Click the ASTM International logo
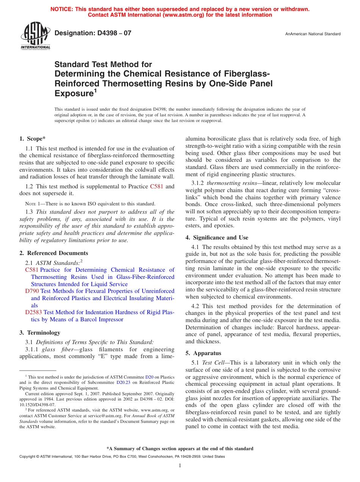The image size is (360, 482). pos(35,36)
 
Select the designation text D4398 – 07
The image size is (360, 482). pos(93,33)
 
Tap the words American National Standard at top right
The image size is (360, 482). pos(315,34)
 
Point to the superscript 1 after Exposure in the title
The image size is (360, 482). pos(95,91)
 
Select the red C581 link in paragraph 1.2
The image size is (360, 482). pos(157,186)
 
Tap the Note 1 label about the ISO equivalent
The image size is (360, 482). pos(33,204)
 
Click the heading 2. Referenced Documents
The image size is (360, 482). pos(53,253)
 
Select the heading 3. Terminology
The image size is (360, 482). pos(40,333)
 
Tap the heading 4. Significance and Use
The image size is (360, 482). pos(217,238)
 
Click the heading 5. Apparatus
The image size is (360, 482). pos(203,353)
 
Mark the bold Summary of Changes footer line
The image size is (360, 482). pos(180,449)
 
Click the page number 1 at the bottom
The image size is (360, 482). pos(180,465)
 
